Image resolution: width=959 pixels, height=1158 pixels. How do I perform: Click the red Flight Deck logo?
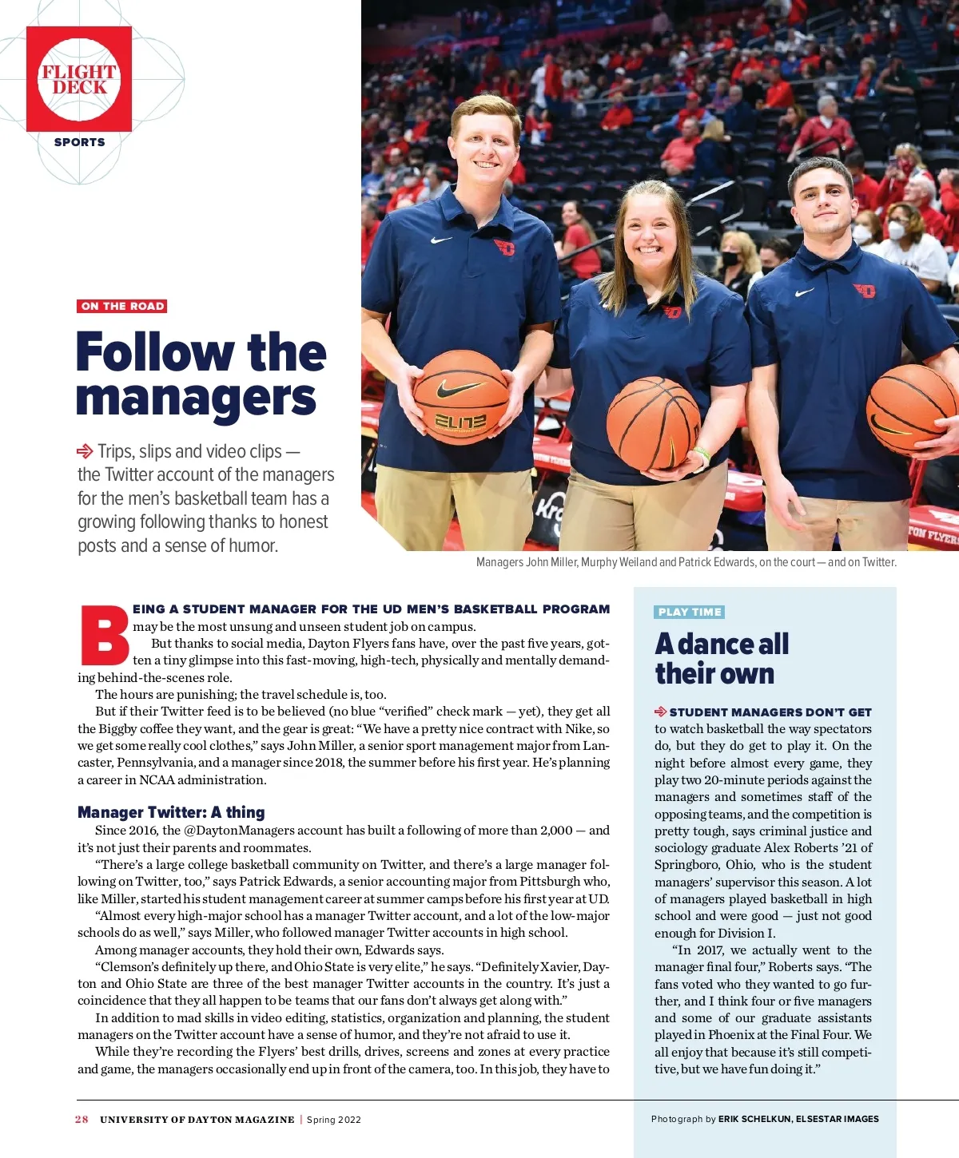click(x=79, y=79)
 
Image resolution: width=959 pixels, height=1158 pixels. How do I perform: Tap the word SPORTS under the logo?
click(x=79, y=142)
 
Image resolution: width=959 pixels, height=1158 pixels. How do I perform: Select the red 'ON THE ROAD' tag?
click(x=122, y=306)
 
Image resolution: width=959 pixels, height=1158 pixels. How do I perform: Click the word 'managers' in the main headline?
click(x=197, y=399)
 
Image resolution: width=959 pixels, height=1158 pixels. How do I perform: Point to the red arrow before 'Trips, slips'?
click(x=85, y=451)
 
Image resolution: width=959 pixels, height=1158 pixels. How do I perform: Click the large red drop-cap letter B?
click(x=104, y=637)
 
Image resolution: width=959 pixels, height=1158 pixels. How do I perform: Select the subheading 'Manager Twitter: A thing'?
click(x=171, y=812)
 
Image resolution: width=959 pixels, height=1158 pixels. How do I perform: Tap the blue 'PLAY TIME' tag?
click(x=690, y=612)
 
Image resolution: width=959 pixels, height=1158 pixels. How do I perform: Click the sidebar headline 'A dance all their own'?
click(x=722, y=658)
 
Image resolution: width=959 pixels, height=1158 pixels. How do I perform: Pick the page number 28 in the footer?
click(x=82, y=1119)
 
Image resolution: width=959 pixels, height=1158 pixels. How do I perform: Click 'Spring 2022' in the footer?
click(x=334, y=1119)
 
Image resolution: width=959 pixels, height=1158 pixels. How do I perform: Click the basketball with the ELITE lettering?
click(x=460, y=397)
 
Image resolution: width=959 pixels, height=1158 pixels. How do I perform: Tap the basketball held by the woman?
click(x=653, y=423)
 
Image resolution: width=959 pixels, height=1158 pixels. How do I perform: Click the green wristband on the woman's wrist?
click(x=702, y=454)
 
